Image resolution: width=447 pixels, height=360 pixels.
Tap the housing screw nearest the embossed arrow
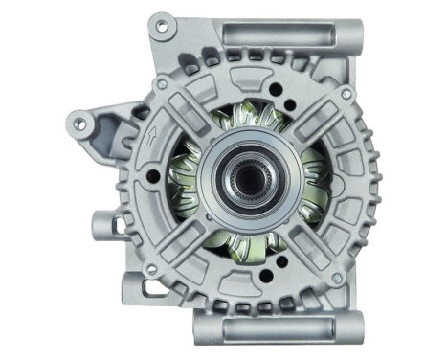click(x=162, y=85)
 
